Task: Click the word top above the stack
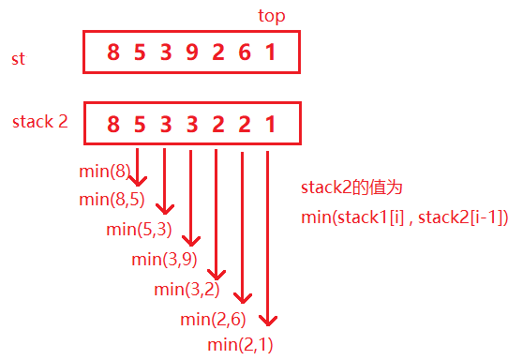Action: [271, 16]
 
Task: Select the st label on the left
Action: [19, 59]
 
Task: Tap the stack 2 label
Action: [40, 122]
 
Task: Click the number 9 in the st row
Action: [192, 52]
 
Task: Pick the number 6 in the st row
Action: [244, 52]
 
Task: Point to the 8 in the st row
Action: [113, 52]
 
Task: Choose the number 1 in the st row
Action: [270, 52]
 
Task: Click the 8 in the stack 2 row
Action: [113, 123]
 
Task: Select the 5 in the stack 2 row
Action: [140, 123]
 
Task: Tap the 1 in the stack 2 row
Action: [270, 123]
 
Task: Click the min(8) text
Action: [105, 172]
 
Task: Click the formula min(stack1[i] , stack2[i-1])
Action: [404, 217]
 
